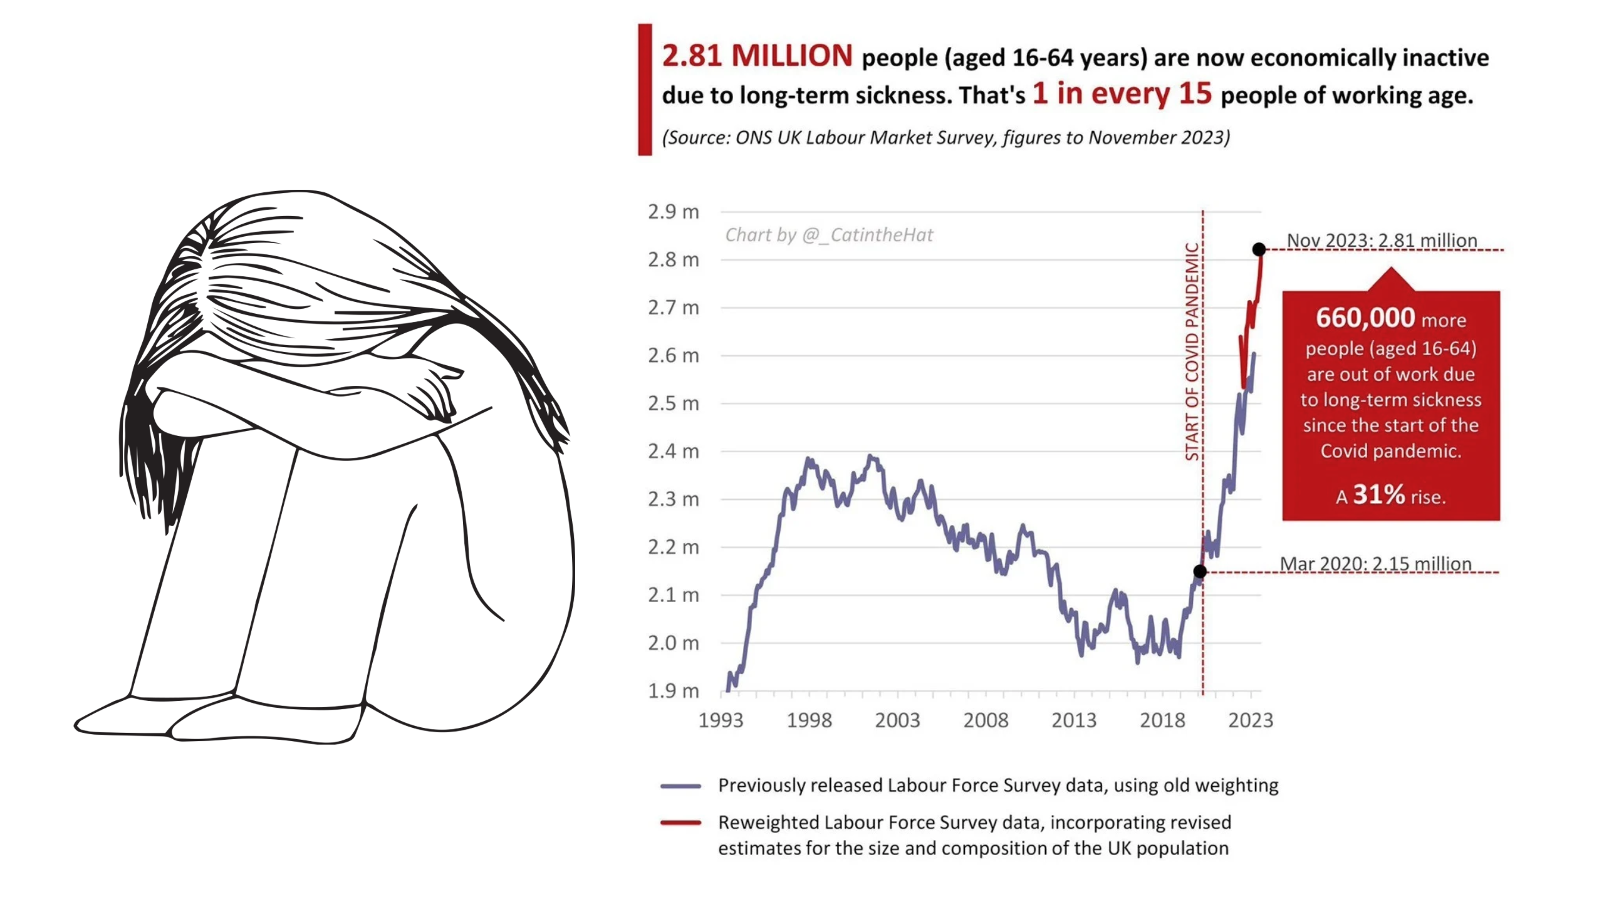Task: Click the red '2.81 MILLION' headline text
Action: pyautogui.click(x=757, y=56)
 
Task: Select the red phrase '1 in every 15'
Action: pyautogui.click(x=1122, y=93)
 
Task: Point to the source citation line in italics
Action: pyautogui.click(x=946, y=137)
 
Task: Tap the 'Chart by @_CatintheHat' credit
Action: pyautogui.click(x=829, y=235)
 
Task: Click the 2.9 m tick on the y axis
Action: pyautogui.click(x=673, y=212)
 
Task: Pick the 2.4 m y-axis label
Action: pyautogui.click(x=673, y=451)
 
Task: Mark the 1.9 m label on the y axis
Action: pyautogui.click(x=673, y=691)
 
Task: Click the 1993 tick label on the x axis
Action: pyautogui.click(x=721, y=720)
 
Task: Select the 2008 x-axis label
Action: pyautogui.click(x=986, y=720)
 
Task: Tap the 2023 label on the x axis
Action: pyautogui.click(x=1251, y=720)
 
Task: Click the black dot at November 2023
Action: pyautogui.click(x=1259, y=249)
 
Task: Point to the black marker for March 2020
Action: pyautogui.click(x=1200, y=571)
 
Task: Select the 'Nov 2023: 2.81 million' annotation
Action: pyautogui.click(x=1382, y=240)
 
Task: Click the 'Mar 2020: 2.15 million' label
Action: pyautogui.click(x=1375, y=563)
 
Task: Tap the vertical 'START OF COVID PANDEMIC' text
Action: pyautogui.click(x=1192, y=351)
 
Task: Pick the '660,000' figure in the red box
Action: pyautogui.click(x=1365, y=318)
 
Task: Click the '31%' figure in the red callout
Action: pyautogui.click(x=1378, y=494)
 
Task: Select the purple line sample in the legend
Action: pyautogui.click(x=680, y=786)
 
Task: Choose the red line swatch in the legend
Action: pyautogui.click(x=680, y=823)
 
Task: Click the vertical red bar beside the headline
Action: pyautogui.click(x=645, y=90)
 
